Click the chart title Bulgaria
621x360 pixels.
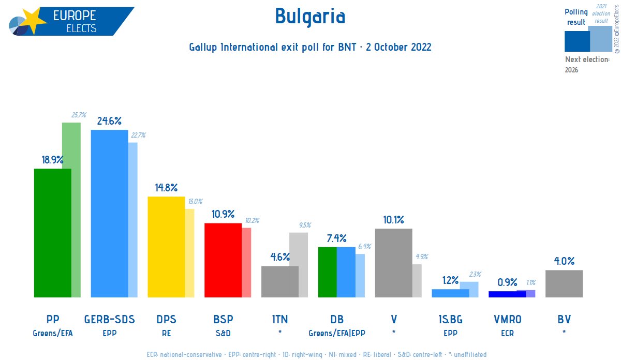click(x=309, y=17)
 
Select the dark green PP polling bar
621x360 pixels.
click(x=52, y=233)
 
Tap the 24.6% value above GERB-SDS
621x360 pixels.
click(x=109, y=121)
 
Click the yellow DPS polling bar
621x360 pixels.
click(x=166, y=247)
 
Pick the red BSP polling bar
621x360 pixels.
click(x=223, y=260)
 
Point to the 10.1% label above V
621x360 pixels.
click(x=393, y=220)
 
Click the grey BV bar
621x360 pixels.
click(x=564, y=283)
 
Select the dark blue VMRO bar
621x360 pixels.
click(x=507, y=294)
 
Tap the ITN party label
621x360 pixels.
click(x=280, y=320)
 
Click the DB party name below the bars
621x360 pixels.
click(x=337, y=320)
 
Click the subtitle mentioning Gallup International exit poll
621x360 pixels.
click(x=310, y=47)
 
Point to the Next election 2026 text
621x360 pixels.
click(x=587, y=64)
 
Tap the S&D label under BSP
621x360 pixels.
click(x=223, y=334)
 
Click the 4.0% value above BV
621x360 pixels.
click(x=564, y=261)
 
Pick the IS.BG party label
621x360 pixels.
click(x=450, y=320)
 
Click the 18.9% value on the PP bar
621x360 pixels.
click(x=52, y=160)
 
